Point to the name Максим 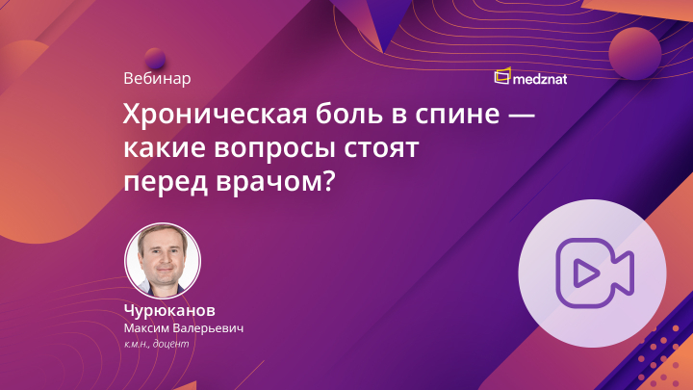(147, 329)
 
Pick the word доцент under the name (175, 345)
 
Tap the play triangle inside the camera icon (583, 273)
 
